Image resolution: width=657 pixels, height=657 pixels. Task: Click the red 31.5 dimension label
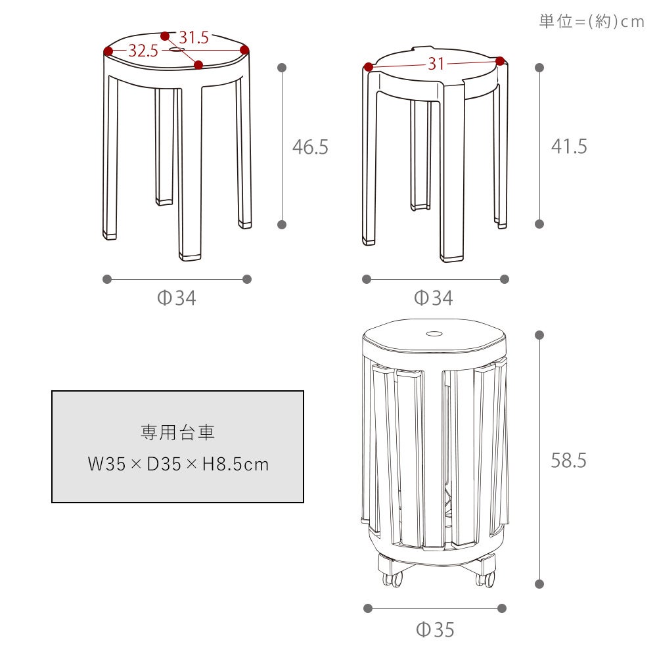click(x=194, y=37)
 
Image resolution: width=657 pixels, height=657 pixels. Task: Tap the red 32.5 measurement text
click(x=143, y=51)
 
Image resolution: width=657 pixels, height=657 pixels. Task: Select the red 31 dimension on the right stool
click(x=436, y=64)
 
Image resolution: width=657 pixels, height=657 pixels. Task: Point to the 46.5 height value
click(x=310, y=147)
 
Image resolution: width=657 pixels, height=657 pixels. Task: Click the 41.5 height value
click(x=569, y=147)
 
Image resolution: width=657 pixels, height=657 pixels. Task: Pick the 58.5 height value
click(x=568, y=460)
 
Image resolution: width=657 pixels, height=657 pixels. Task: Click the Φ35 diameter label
click(x=435, y=630)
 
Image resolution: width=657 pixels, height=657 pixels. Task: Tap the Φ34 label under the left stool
click(x=176, y=298)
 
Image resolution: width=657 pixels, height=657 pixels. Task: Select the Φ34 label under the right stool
click(x=433, y=298)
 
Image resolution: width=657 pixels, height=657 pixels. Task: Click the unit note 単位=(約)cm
click(x=591, y=21)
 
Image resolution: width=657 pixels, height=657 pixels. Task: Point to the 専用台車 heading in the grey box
click(x=177, y=432)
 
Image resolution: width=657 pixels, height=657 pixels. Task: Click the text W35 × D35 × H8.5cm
click(x=178, y=464)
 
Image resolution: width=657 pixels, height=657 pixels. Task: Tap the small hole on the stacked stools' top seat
click(x=434, y=334)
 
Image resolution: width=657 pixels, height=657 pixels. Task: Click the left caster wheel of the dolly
click(x=393, y=579)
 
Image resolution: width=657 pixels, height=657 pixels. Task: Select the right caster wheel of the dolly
click(x=486, y=579)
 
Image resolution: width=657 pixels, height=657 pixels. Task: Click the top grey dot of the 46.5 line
click(x=282, y=68)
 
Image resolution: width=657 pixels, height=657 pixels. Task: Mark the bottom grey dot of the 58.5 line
click(x=539, y=584)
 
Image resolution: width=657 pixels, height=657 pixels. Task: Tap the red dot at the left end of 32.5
click(x=108, y=51)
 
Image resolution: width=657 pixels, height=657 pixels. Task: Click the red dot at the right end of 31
click(x=499, y=61)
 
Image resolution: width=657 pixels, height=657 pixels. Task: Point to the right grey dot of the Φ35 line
click(x=502, y=608)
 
